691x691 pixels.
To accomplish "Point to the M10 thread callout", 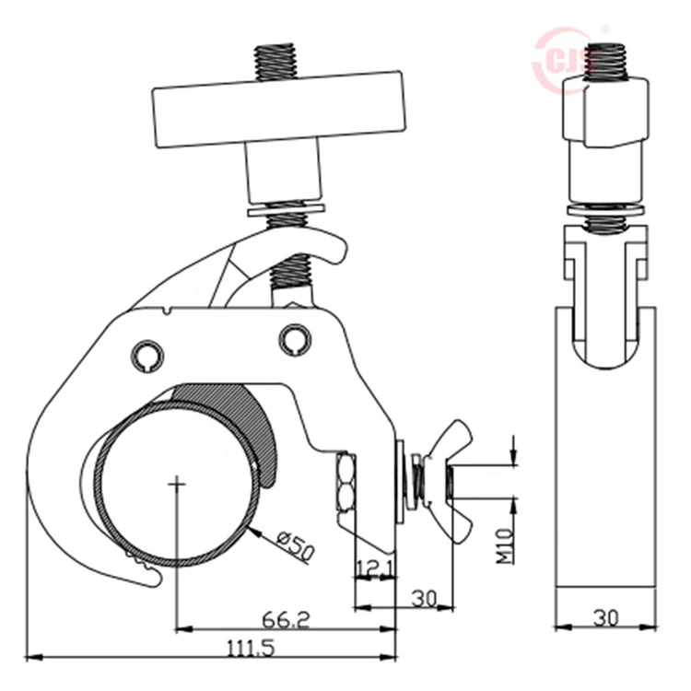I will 506,546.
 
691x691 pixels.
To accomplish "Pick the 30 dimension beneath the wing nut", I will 424,598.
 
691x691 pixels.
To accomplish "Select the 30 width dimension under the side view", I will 605,617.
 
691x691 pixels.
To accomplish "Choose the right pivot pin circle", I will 295,339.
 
